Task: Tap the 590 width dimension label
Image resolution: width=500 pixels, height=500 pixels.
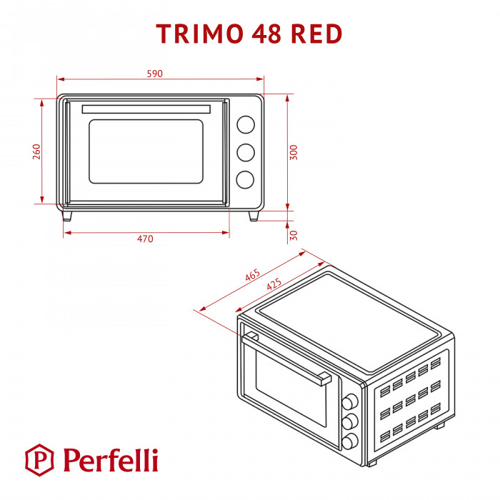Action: coord(155,74)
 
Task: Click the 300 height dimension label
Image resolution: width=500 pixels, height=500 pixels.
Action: coord(294,152)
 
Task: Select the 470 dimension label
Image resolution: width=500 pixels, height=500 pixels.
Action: coord(145,239)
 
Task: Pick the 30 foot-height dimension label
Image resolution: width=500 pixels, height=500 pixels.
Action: coord(294,235)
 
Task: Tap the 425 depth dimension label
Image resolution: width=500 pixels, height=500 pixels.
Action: coord(274,284)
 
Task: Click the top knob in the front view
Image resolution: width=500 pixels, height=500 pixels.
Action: coord(245,124)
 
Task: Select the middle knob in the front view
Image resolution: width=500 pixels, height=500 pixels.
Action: coord(245,152)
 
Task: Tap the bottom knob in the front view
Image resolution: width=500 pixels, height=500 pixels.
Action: coord(245,180)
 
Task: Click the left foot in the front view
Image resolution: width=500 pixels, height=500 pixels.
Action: coord(68,215)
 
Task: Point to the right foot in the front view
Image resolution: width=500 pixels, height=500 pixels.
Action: coord(254,215)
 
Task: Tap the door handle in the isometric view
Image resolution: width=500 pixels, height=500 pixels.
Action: coord(286,355)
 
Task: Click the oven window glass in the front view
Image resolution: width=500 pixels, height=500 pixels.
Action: coord(146,151)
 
